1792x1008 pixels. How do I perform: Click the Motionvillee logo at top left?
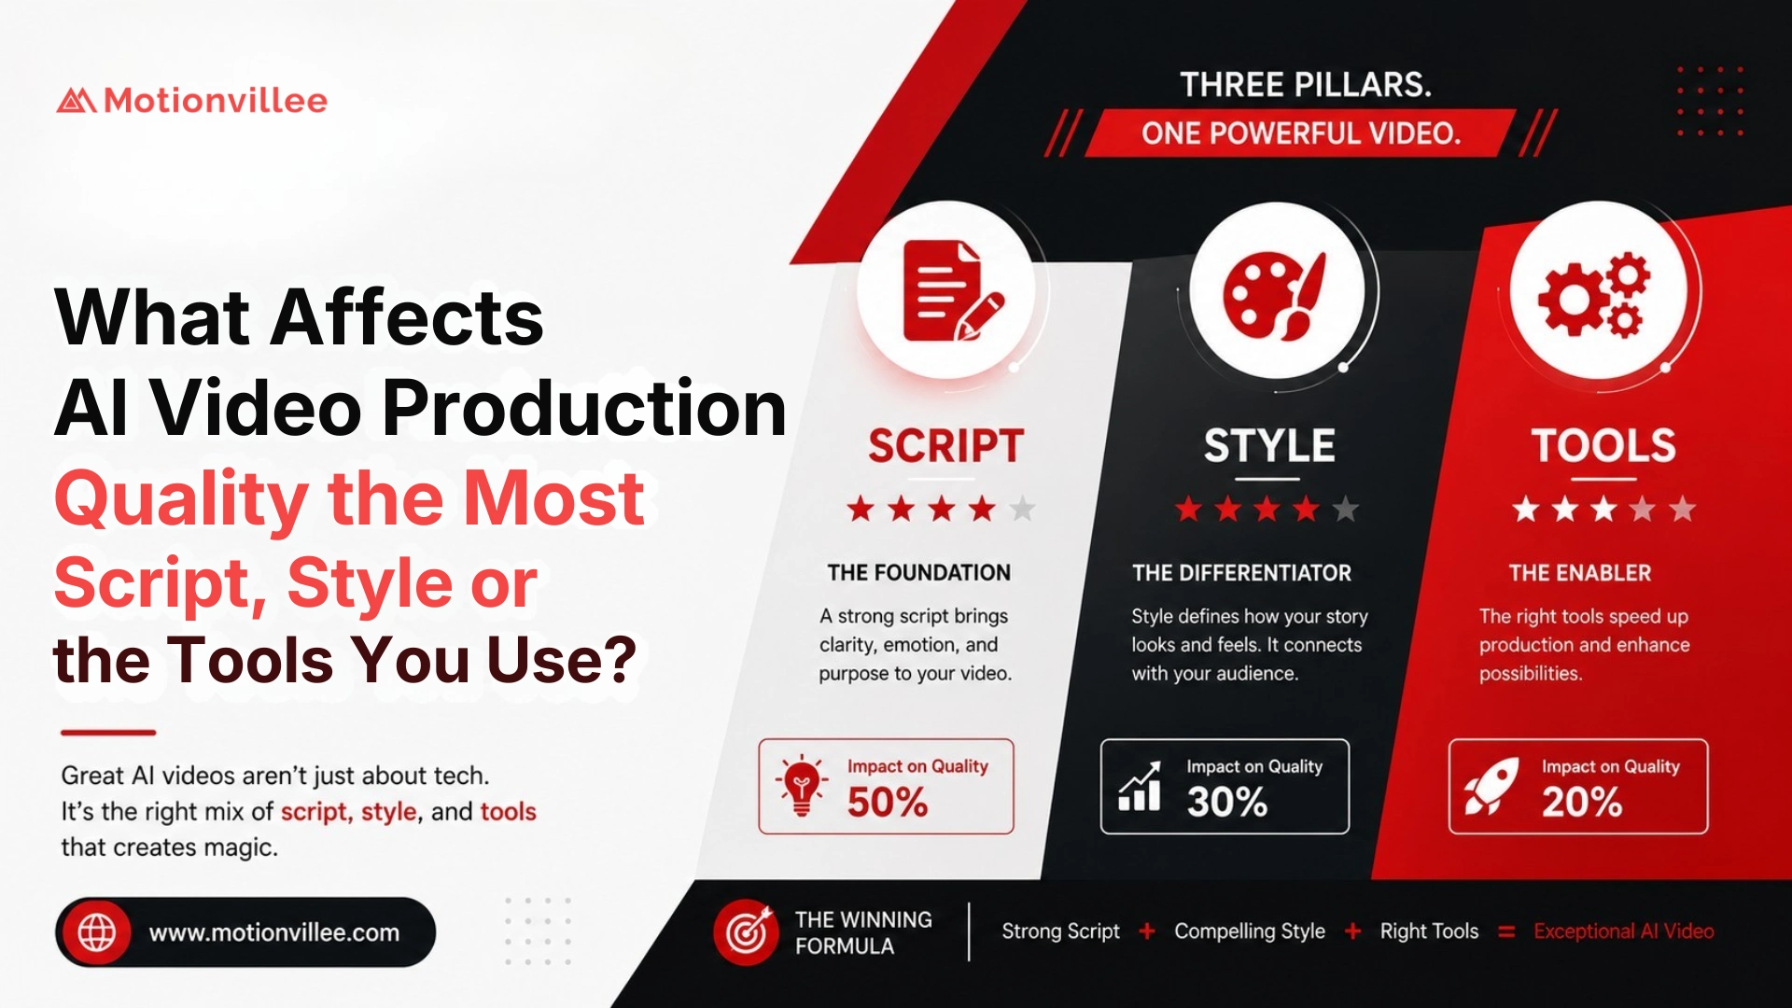pyautogui.click(x=192, y=100)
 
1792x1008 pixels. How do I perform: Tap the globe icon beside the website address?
pyautogui.click(x=97, y=931)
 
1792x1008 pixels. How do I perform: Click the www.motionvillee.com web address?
pyautogui.click(x=274, y=932)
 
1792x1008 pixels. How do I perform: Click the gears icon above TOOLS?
pyautogui.click(x=1594, y=293)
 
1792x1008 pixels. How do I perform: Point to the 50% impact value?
pyautogui.click(x=888, y=803)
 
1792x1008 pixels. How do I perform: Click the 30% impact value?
pyautogui.click(x=1227, y=803)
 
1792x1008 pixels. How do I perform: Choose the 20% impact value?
pyautogui.click(x=1582, y=803)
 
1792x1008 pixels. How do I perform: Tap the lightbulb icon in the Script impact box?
pyautogui.click(x=801, y=785)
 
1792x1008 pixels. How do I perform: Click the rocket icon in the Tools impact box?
pyautogui.click(x=1491, y=786)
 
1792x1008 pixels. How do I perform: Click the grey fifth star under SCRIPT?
pyautogui.click(x=1023, y=509)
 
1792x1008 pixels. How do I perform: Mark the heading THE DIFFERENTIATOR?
pyautogui.click(x=1241, y=573)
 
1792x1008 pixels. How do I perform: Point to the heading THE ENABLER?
pyautogui.click(x=1580, y=573)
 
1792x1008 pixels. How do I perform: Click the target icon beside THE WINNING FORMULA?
pyautogui.click(x=747, y=931)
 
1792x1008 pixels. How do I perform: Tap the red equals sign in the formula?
pyautogui.click(x=1506, y=931)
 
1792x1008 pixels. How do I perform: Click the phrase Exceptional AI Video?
pyautogui.click(x=1624, y=931)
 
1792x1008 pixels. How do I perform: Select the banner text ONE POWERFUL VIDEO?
pyautogui.click(x=1301, y=133)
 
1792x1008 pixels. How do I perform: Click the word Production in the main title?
pyautogui.click(x=584, y=408)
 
